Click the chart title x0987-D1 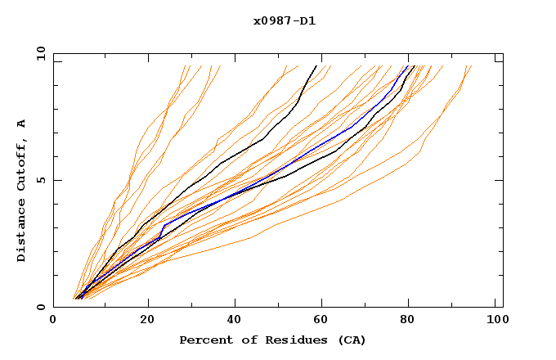tap(284, 21)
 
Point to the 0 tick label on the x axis tap(53, 322)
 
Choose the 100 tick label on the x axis tap(495, 322)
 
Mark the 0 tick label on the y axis tap(41, 308)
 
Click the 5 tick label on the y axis tap(41, 181)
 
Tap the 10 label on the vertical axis tap(38, 54)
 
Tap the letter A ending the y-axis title tap(22, 124)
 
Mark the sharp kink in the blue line tap(164, 224)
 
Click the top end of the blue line tap(408, 66)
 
